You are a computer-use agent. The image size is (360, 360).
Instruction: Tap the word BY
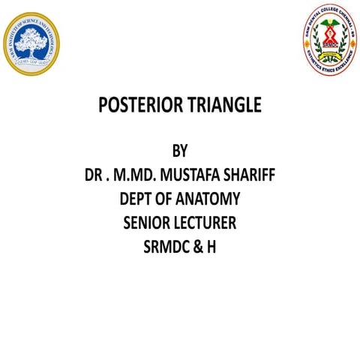point(179,153)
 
